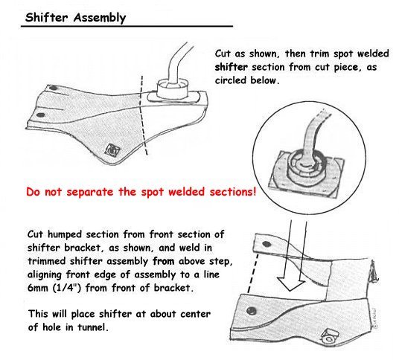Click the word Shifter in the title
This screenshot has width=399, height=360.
tap(47, 18)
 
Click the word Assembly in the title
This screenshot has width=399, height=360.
tap(100, 18)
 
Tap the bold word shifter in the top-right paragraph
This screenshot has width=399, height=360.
tap(231, 68)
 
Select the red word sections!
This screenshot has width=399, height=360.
tap(232, 191)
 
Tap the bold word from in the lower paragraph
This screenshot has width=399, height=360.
tap(163, 261)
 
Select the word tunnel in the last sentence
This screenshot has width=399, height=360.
tap(92, 327)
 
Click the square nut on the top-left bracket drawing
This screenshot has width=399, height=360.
tap(112, 150)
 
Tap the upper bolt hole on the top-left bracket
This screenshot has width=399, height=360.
tap(53, 89)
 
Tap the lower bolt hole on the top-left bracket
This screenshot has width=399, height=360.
tap(40, 115)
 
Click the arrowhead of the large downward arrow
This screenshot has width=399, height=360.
tap(290, 286)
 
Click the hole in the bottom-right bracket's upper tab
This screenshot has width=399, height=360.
tap(266, 244)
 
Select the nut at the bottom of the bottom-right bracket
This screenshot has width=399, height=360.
tap(329, 337)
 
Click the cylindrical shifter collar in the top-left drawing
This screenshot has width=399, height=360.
tap(173, 89)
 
